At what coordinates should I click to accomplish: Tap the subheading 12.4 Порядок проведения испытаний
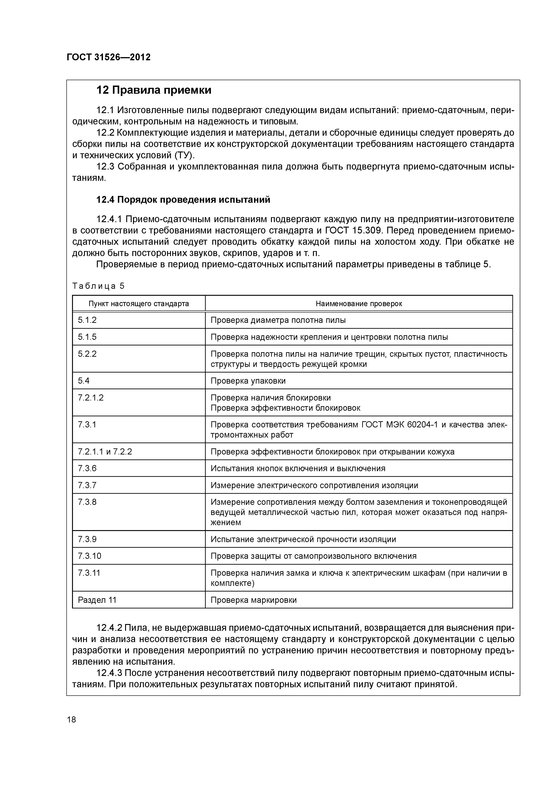pyautogui.click(x=183, y=200)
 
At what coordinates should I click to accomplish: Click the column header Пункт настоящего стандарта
pyautogui.click(x=139, y=304)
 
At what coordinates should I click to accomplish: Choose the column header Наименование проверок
pyautogui.click(x=359, y=304)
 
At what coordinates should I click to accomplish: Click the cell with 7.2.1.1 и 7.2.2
pyautogui.click(x=105, y=452)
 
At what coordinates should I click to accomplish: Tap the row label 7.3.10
pyautogui.click(x=89, y=556)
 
